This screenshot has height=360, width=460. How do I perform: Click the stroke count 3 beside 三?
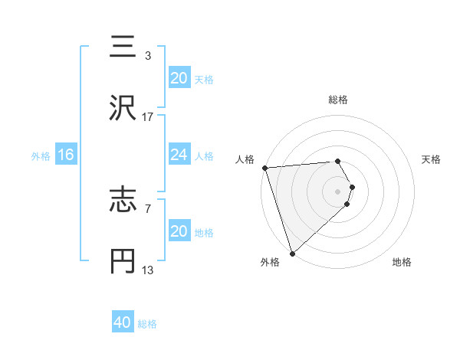147,56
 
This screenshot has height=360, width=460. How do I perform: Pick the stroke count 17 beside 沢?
148,117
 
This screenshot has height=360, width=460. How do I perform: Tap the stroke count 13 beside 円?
148,270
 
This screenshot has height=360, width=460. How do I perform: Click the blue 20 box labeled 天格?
179,78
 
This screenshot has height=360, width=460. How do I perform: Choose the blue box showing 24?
179,155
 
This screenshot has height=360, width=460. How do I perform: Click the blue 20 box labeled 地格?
179,232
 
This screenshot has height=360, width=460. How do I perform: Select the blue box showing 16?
65,155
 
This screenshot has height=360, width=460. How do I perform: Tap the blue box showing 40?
123,323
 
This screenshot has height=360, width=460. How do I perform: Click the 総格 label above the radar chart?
338,100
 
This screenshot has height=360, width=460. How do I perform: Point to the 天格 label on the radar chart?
431,159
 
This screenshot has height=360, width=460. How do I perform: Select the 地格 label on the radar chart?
402,262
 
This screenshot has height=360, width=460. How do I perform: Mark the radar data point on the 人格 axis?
264,168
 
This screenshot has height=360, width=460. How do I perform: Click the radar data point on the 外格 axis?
292,252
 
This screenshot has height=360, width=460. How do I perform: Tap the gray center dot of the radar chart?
338,191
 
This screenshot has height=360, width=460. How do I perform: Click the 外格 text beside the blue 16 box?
41,156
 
